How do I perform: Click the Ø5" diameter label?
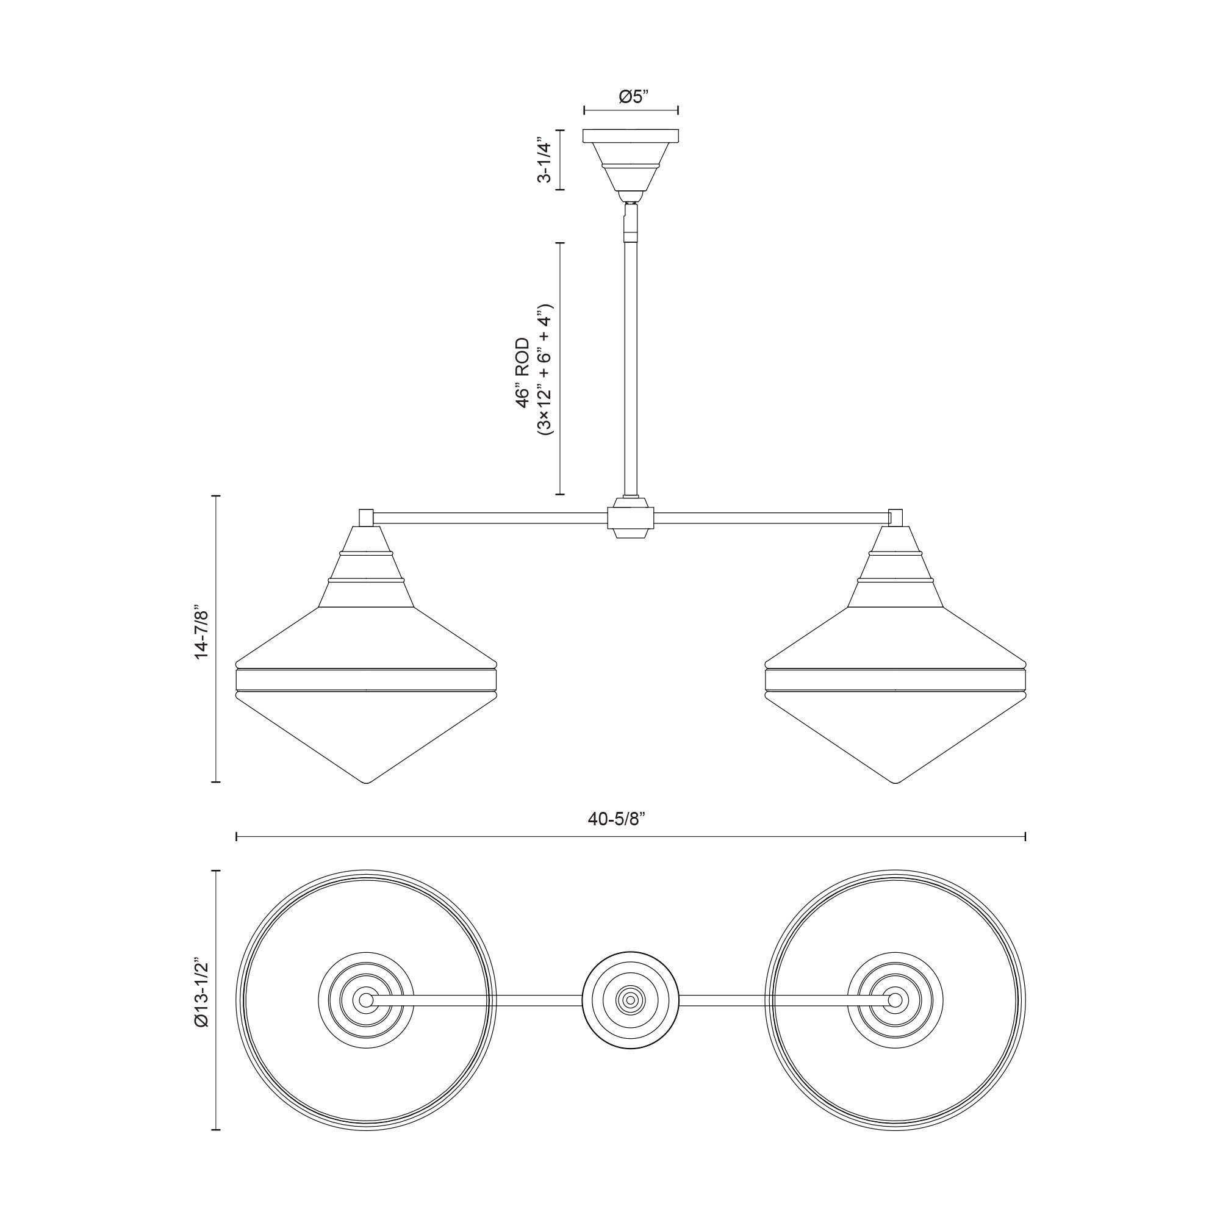point(630,96)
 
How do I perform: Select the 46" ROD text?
point(523,373)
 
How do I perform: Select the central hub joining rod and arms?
point(630,518)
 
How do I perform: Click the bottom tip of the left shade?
point(366,783)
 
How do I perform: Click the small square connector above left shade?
point(365,518)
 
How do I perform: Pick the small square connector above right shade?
point(895,518)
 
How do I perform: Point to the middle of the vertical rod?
point(630,366)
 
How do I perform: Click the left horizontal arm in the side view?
point(489,518)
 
